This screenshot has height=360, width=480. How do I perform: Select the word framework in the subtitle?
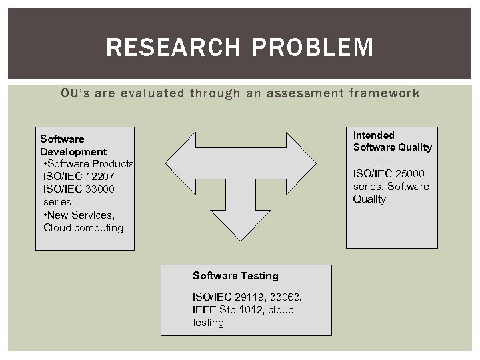point(384,93)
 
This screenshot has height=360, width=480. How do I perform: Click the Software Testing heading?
point(235,275)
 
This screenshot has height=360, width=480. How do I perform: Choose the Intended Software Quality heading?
point(392,141)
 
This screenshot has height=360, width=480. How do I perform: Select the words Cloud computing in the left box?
point(83,227)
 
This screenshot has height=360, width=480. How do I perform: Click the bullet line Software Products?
point(88,163)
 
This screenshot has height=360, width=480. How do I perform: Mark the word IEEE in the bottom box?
point(205,309)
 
